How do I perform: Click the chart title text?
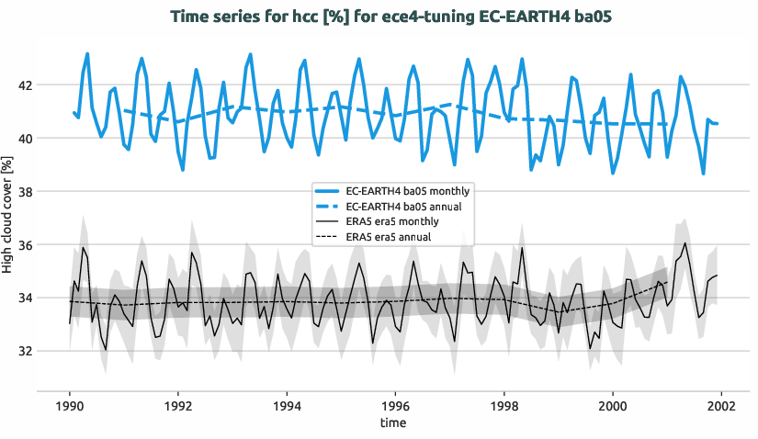tap(379, 16)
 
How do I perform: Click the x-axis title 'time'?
tap(395, 423)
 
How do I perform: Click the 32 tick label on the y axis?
tap(25, 351)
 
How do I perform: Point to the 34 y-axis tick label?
tap(25, 298)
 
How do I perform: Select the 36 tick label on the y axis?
tap(25, 245)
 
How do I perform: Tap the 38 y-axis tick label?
tap(25, 192)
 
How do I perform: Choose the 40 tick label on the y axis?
tap(25, 139)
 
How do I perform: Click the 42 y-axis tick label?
tap(25, 85)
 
